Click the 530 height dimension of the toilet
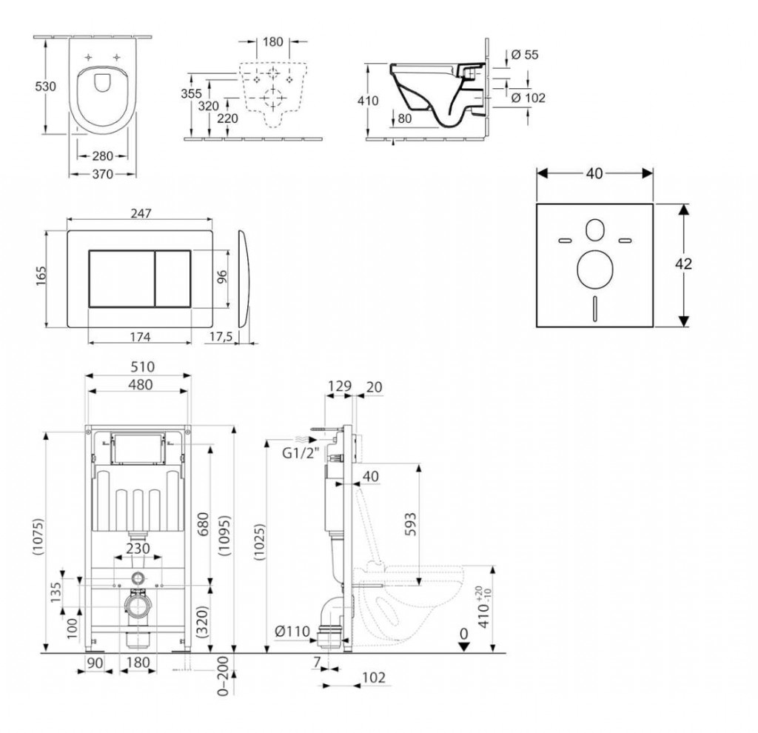[x=45, y=87]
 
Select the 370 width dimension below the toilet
[x=102, y=174]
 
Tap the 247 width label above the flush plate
[x=141, y=213]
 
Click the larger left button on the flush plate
[x=121, y=279]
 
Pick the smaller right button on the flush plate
[x=172, y=279]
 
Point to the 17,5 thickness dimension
[x=221, y=337]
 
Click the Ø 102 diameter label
[x=528, y=98]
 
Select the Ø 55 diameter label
[x=525, y=55]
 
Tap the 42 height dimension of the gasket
[x=683, y=264]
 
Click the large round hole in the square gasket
[x=594, y=268]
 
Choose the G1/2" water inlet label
[x=301, y=454]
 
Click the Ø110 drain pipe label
[x=292, y=632]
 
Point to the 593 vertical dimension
[x=409, y=524]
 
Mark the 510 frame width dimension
[x=143, y=367]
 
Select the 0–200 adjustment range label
[x=223, y=675]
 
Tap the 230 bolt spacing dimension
[x=138, y=549]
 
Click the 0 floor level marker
[x=463, y=634]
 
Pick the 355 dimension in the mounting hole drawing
[x=191, y=93]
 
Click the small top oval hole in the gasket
[x=594, y=230]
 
